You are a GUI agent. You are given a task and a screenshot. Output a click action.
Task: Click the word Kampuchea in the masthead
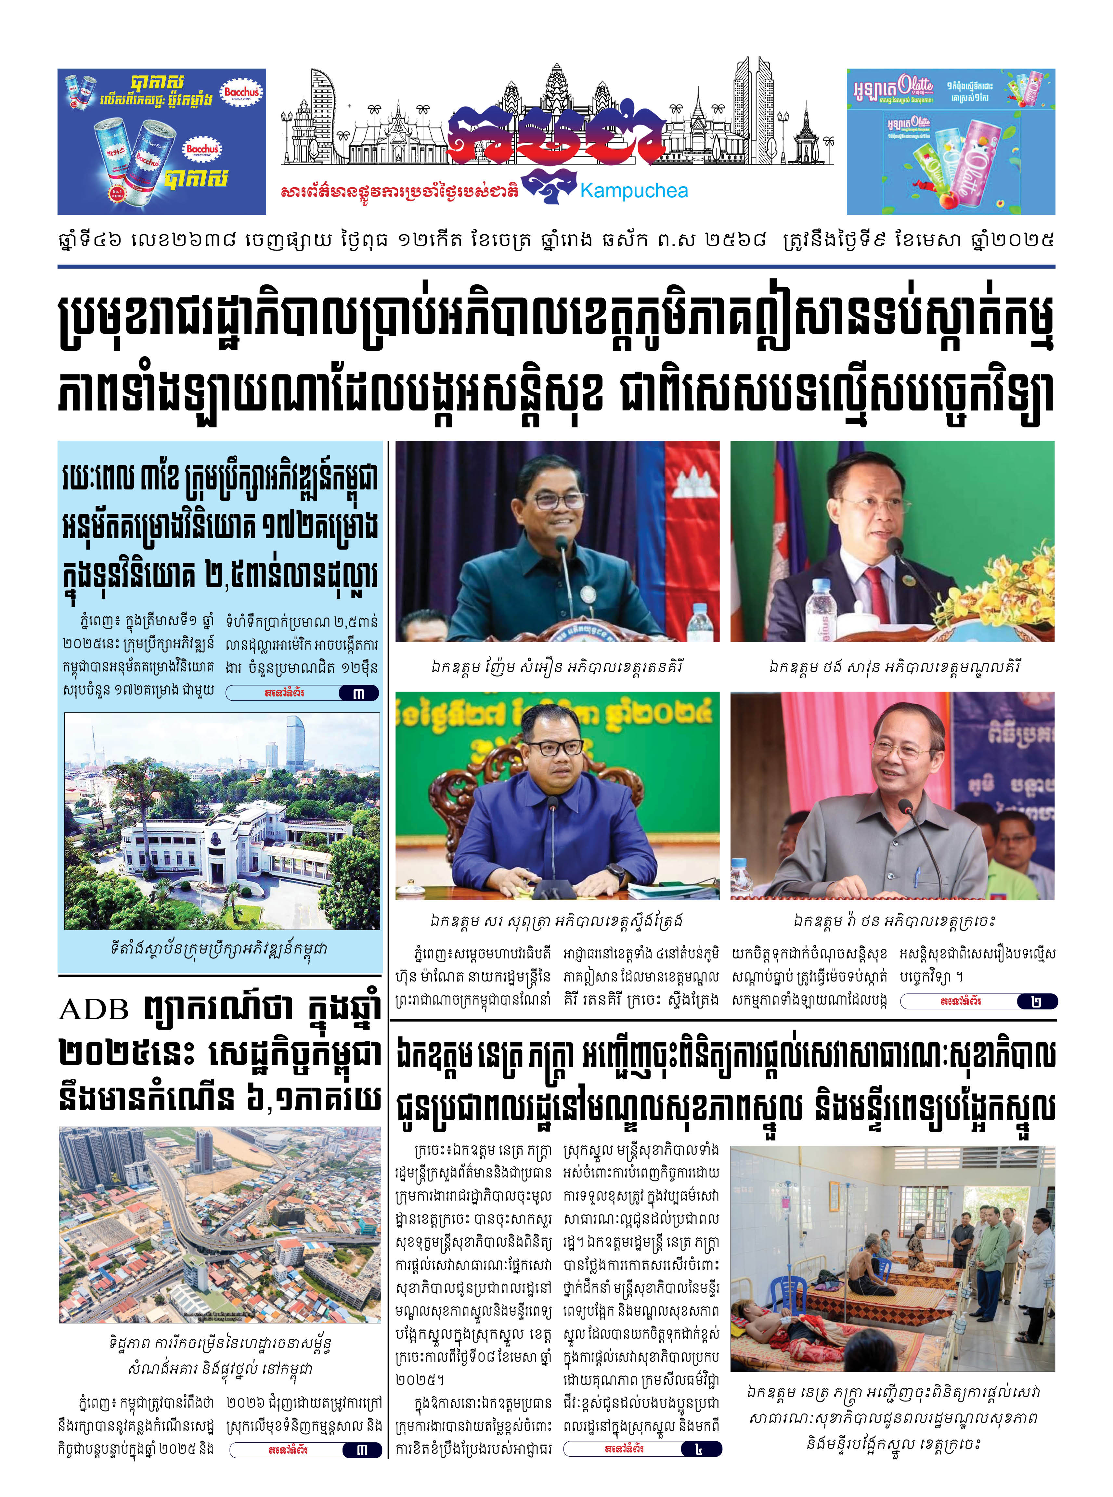pos(634,191)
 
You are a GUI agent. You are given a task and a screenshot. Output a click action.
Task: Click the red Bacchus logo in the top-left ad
pos(241,92)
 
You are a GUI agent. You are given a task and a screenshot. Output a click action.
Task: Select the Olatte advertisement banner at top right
pos(950,141)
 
